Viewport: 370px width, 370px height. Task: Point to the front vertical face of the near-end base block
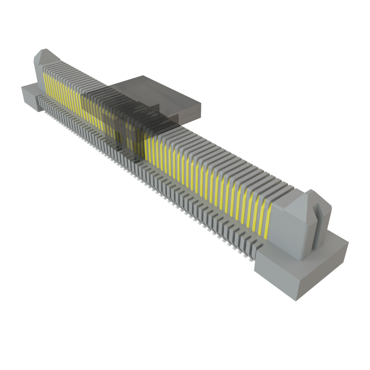[x=275, y=278]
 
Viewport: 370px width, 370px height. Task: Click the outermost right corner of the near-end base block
[x=348, y=241]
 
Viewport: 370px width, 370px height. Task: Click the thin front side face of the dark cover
[x=188, y=117]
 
